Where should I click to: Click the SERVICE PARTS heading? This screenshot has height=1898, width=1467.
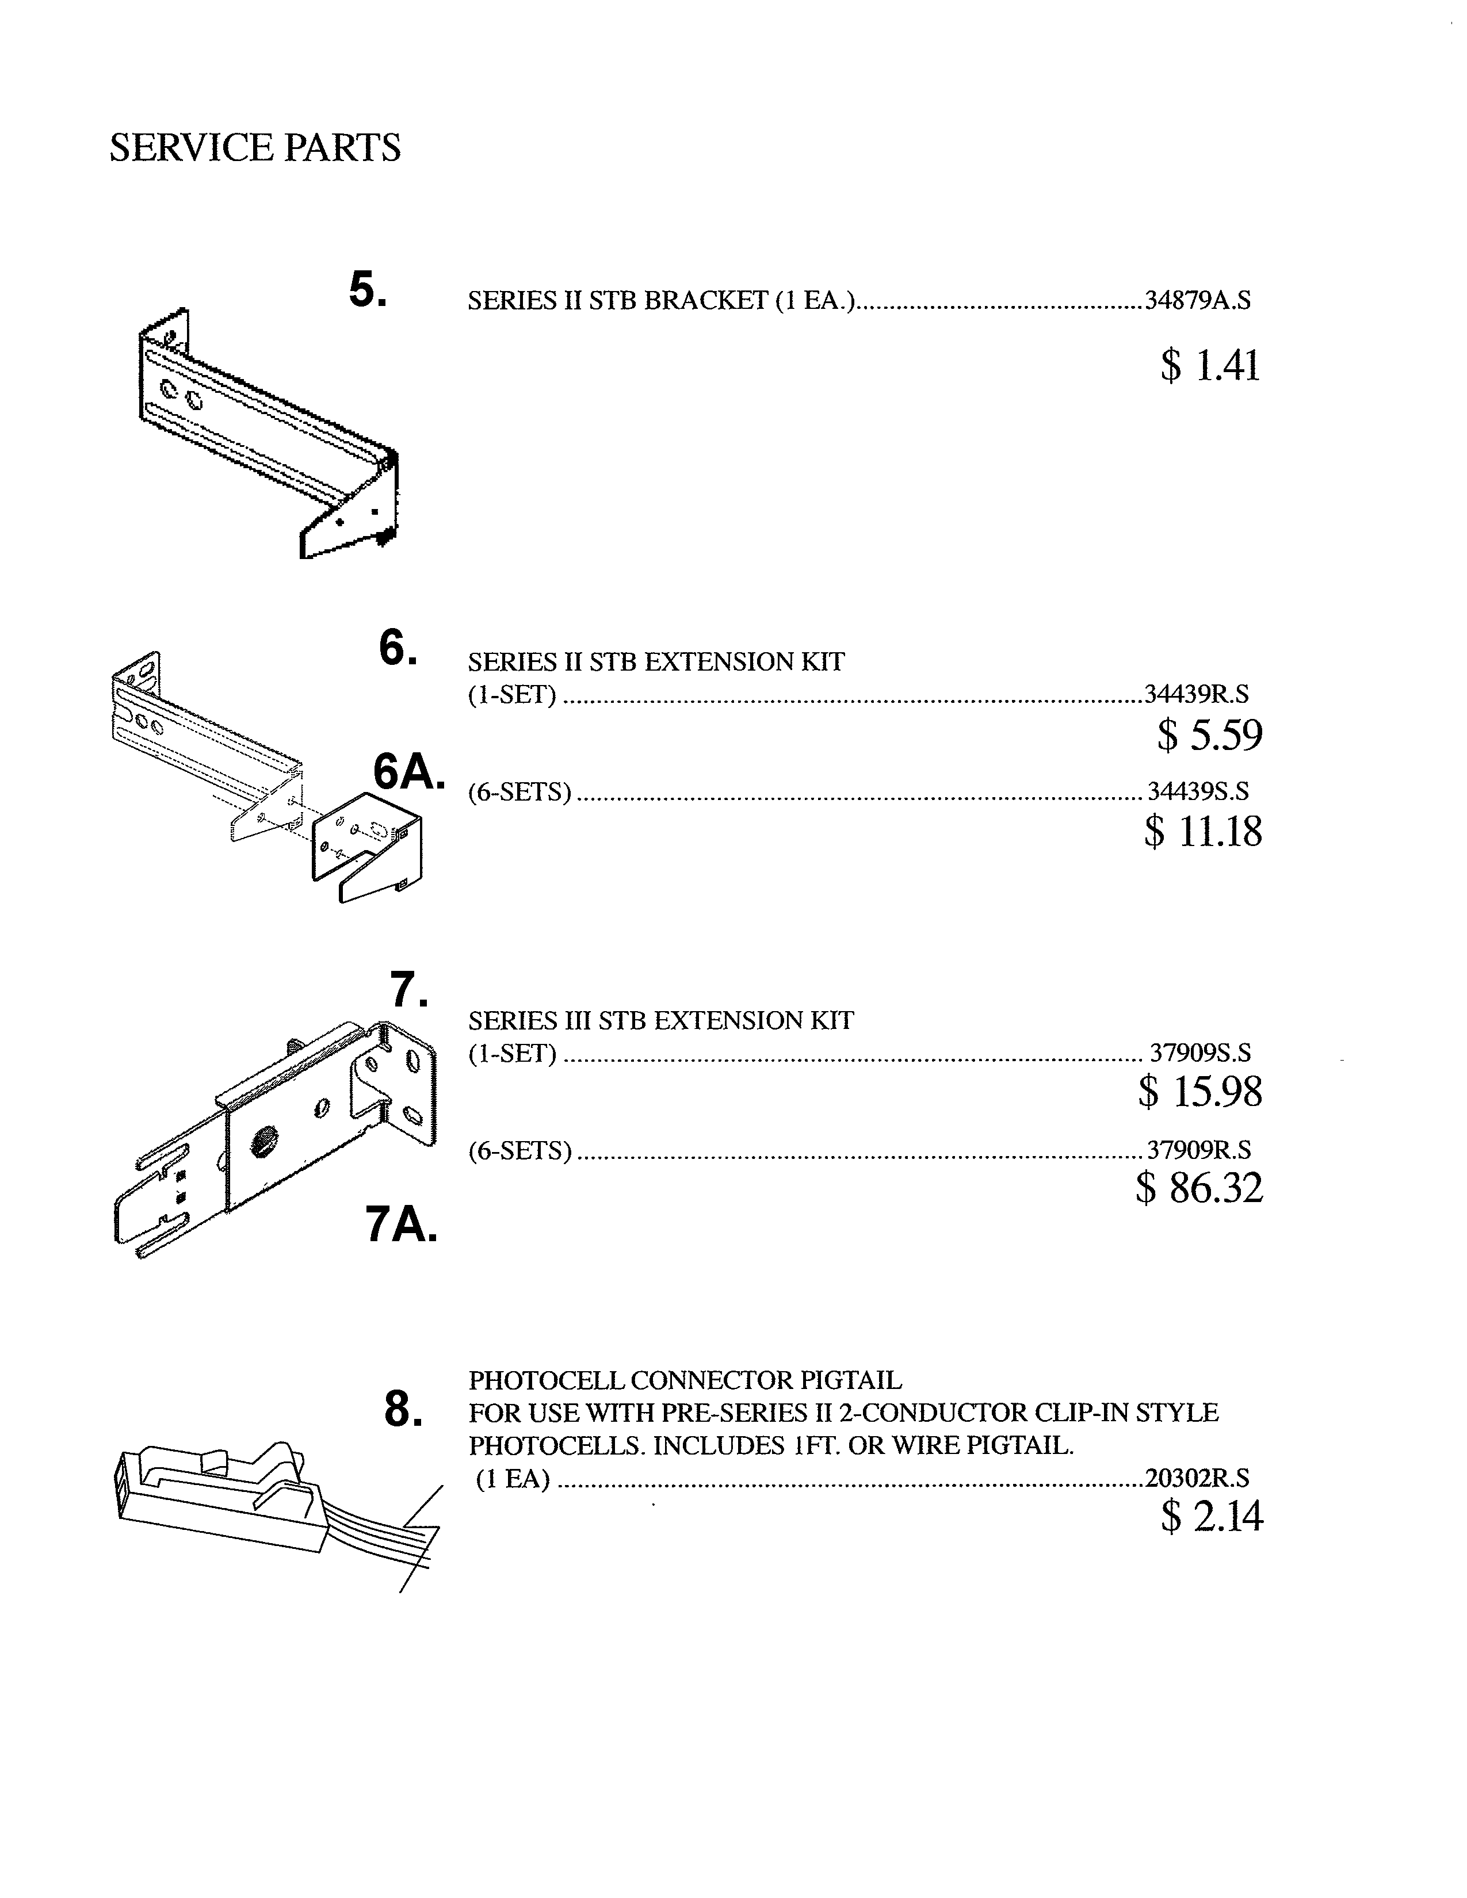[255, 148]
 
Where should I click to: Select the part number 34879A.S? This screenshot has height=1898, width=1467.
[1198, 301]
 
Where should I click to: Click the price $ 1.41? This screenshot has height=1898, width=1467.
[1210, 365]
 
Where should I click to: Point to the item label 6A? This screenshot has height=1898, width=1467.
[408, 771]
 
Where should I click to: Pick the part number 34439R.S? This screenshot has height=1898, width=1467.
[1197, 694]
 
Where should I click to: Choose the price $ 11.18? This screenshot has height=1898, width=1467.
[1204, 831]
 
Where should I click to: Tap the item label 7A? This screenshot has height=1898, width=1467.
[400, 1224]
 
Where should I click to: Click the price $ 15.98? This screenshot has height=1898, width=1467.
[1200, 1092]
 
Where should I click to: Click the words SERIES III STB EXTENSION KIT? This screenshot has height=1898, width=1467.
[660, 1020]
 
